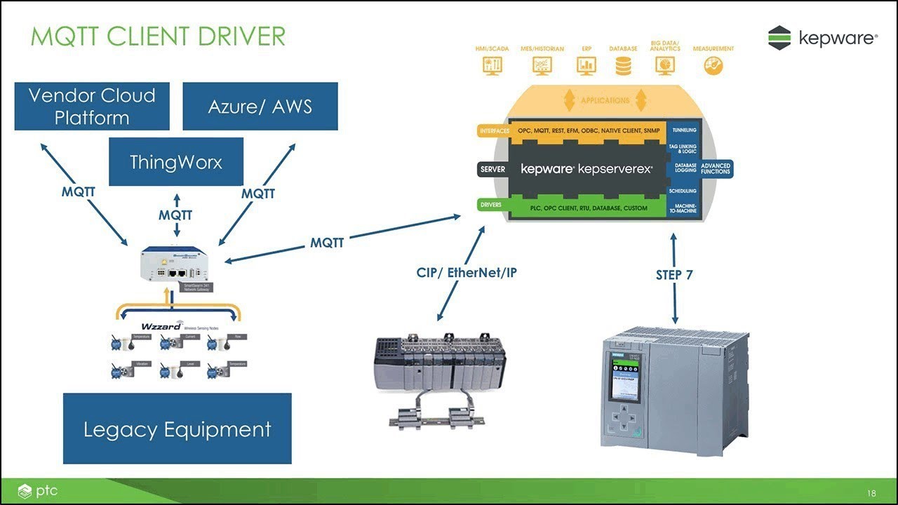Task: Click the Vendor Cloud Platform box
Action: tap(92, 106)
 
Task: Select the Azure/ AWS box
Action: tap(260, 106)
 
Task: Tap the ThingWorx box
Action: tap(176, 162)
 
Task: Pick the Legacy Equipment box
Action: tap(177, 429)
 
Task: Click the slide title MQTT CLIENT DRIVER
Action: tap(158, 36)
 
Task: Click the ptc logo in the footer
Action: tap(39, 492)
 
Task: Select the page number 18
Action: tap(871, 494)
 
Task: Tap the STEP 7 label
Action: tap(674, 275)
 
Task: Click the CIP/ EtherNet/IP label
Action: tap(467, 272)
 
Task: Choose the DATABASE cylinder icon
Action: tap(623, 65)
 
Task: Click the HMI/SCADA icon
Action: tap(492, 65)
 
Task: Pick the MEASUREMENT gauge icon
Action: tap(713, 65)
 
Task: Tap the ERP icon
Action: tap(586, 65)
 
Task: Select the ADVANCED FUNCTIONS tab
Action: tap(716, 168)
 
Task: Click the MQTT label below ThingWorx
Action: tap(175, 215)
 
